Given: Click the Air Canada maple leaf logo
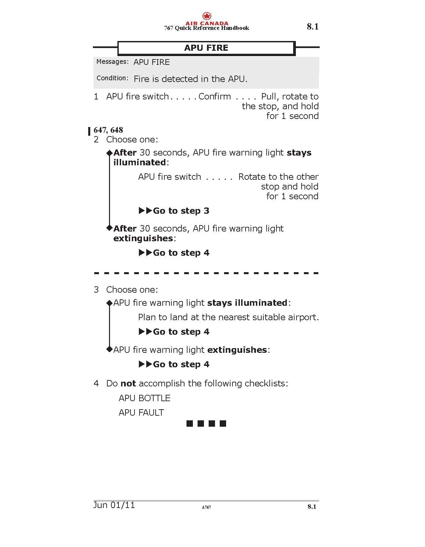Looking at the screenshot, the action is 207,16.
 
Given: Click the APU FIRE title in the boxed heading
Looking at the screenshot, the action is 206,48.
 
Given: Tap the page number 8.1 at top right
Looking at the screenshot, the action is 312,27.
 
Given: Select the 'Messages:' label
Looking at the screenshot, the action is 112,62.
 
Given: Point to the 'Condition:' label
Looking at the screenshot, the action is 112,78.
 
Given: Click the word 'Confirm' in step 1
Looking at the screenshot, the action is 215,96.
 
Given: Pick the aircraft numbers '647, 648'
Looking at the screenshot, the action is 108,130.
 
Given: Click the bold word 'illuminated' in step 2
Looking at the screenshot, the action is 140,162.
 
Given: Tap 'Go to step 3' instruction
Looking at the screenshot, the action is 181,211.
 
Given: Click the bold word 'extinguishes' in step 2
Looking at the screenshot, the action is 143,238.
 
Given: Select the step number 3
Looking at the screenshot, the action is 96,290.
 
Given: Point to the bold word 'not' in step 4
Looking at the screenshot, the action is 128,383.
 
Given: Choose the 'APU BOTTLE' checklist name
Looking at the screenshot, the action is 145,398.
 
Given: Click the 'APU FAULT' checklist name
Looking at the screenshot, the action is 141,413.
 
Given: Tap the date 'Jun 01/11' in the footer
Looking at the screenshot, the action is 114,505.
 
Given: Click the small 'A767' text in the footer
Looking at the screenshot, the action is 206,507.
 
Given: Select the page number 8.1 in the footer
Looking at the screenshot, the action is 312,507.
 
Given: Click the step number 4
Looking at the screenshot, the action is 96,383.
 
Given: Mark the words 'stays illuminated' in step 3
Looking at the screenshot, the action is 247,303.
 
